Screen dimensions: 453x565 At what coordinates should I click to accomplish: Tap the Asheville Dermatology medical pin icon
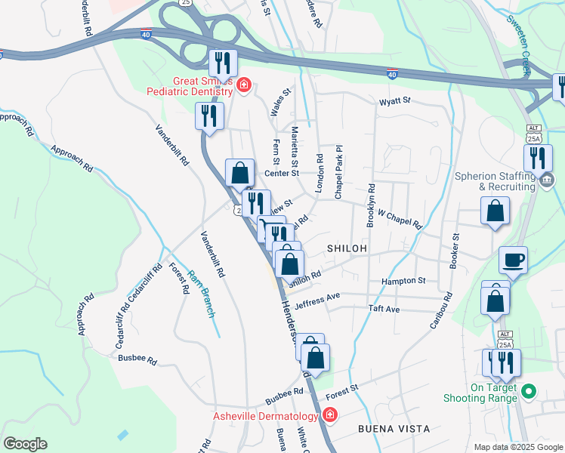(x=329, y=415)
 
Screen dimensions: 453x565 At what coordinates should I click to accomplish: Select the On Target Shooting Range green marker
(x=529, y=391)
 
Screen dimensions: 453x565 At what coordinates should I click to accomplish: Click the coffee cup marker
(x=513, y=261)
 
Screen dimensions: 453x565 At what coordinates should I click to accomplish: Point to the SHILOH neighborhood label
(x=347, y=248)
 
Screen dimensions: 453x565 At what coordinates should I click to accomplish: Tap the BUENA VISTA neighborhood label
(x=394, y=428)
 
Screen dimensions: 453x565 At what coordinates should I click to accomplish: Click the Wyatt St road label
(x=394, y=100)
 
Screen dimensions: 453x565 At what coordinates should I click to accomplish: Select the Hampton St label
(x=403, y=281)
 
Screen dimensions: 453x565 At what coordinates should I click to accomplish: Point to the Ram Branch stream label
(x=201, y=293)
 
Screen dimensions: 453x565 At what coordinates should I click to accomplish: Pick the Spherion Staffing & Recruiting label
(x=494, y=181)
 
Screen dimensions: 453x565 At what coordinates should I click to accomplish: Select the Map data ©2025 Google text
(x=518, y=447)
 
